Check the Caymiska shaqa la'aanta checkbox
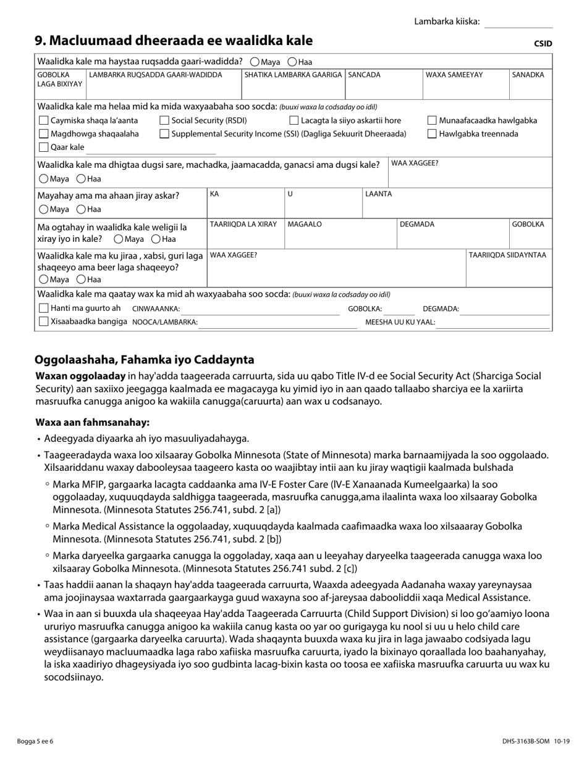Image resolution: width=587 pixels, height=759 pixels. (x=43, y=121)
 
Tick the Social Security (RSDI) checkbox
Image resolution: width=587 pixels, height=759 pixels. (x=164, y=121)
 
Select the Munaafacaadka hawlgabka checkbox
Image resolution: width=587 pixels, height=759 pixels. (x=433, y=121)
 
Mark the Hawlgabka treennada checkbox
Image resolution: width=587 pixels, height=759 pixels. (x=433, y=134)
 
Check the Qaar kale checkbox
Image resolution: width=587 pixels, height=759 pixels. (x=43, y=147)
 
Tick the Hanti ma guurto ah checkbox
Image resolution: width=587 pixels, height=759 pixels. (x=43, y=308)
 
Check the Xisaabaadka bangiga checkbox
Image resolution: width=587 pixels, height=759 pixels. (x=43, y=321)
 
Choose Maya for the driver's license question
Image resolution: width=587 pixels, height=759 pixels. (x=255, y=62)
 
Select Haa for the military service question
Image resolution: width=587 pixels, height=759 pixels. (x=81, y=209)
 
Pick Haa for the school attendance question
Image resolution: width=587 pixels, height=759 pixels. (x=81, y=179)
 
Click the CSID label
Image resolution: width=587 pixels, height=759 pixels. (x=543, y=44)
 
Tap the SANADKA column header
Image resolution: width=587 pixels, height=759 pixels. (x=528, y=75)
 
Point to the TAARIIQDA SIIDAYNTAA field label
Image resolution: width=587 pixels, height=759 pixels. (x=507, y=255)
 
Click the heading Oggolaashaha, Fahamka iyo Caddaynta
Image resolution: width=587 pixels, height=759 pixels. (x=144, y=360)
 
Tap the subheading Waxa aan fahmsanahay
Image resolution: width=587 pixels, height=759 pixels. (x=92, y=423)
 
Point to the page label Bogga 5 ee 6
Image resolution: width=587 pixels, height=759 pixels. (x=36, y=741)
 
